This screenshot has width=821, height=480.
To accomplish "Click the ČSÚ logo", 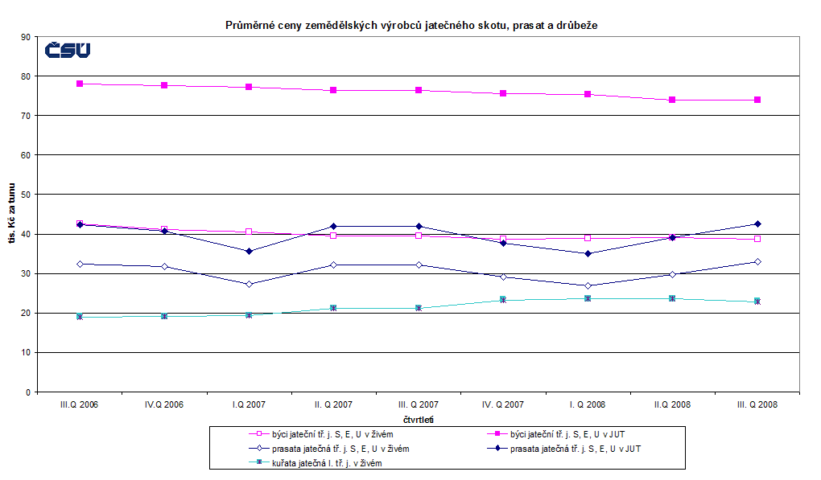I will [x=68, y=50].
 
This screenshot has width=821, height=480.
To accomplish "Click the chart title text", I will [x=410, y=25].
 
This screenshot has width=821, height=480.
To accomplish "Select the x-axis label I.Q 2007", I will [x=249, y=404].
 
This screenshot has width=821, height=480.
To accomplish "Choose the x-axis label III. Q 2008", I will [x=757, y=404].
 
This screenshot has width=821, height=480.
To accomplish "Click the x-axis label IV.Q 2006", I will [x=164, y=404].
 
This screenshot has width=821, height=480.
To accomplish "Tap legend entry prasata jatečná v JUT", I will [x=576, y=448].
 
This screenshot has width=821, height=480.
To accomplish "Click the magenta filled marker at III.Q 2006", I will [x=80, y=84].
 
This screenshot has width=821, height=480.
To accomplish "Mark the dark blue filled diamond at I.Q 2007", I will [x=249, y=251].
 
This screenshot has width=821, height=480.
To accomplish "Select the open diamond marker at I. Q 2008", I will [x=588, y=285].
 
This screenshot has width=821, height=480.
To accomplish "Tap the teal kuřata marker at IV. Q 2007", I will [x=503, y=299].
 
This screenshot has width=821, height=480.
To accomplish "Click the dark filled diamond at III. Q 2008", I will [x=757, y=224].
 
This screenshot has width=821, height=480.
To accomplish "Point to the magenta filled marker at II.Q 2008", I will [x=673, y=100].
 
